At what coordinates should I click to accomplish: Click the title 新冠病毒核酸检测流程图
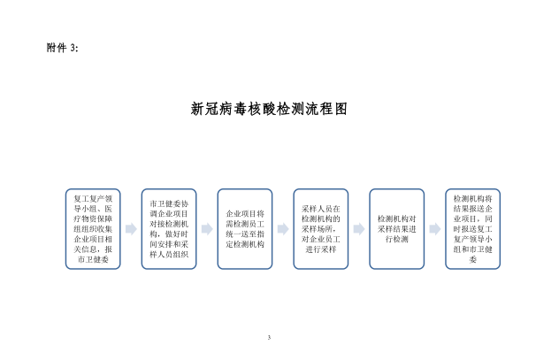coord(268,109)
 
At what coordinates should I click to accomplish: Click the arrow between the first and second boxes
coord(129,228)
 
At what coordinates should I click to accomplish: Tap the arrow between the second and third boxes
coord(206,228)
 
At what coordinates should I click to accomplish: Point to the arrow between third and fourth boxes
coord(282,228)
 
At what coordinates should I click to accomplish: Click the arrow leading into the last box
coord(434,228)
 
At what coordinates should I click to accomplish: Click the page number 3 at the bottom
coord(268,338)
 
